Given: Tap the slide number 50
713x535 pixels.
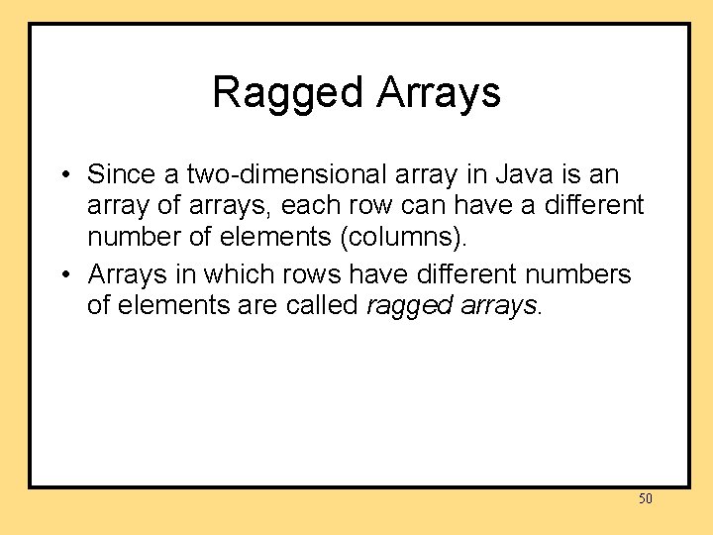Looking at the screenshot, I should (x=645, y=498).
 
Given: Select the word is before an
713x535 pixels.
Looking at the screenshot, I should (x=565, y=174).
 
